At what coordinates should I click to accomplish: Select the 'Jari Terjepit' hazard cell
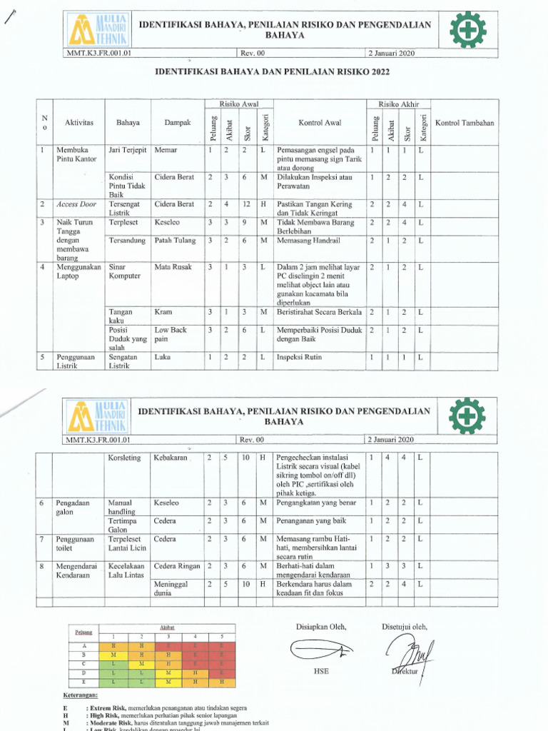[127, 151]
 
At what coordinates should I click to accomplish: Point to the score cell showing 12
[245, 204]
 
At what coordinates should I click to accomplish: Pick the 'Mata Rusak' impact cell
[171, 267]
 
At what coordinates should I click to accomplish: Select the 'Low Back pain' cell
[171, 335]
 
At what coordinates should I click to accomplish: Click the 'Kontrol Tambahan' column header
[464, 123]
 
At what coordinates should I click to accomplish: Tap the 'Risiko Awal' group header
[238, 104]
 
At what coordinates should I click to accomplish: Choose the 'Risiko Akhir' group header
[397, 104]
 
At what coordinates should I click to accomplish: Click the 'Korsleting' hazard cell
[125, 457]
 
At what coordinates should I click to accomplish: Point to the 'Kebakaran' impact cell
[171, 457]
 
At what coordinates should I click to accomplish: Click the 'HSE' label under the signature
[321, 671]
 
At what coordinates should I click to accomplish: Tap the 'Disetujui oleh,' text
[405, 627]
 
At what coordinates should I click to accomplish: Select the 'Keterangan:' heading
[81, 694]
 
